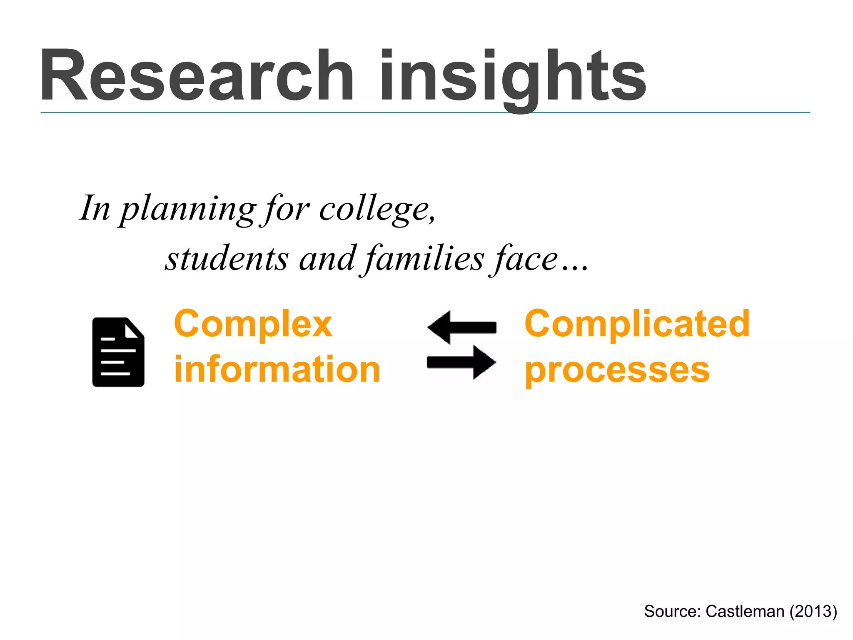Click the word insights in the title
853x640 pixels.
pos(512,77)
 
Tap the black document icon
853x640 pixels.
pos(118,352)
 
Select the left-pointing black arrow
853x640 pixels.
pos(461,327)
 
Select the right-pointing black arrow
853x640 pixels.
pos(461,362)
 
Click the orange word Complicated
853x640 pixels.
pos(637,324)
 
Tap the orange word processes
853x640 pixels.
pos(617,370)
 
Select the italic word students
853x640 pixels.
pos(227,258)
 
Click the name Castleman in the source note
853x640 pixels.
pos(745,611)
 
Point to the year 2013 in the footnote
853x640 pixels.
pos(813,611)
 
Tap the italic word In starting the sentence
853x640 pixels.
pos(95,208)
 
